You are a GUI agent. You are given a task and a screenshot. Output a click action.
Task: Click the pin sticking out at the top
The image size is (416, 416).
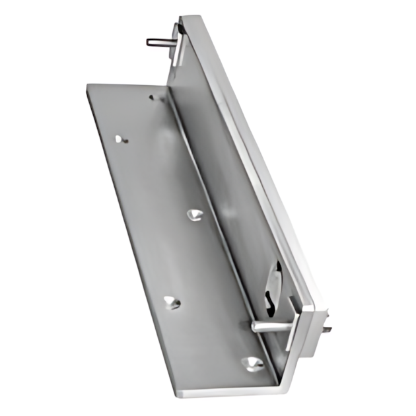click(x=160, y=42)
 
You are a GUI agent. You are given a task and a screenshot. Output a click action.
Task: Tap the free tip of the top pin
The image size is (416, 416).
click(x=149, y=43)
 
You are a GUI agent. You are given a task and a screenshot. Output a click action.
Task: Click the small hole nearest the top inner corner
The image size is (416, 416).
click(x=152, y=98)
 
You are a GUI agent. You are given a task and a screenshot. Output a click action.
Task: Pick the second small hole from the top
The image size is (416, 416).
click(x=119, y=139)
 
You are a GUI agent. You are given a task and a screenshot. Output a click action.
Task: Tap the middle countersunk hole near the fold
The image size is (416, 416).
click(x=193, y=215)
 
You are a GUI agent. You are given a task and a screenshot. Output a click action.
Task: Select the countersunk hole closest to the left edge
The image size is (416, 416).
click(x=170, y=302)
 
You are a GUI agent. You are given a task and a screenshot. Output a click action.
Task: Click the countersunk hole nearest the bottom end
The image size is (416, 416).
click(x=252, y=362)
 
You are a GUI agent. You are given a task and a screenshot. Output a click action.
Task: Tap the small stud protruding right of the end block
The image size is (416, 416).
click(x=328, y=327)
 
